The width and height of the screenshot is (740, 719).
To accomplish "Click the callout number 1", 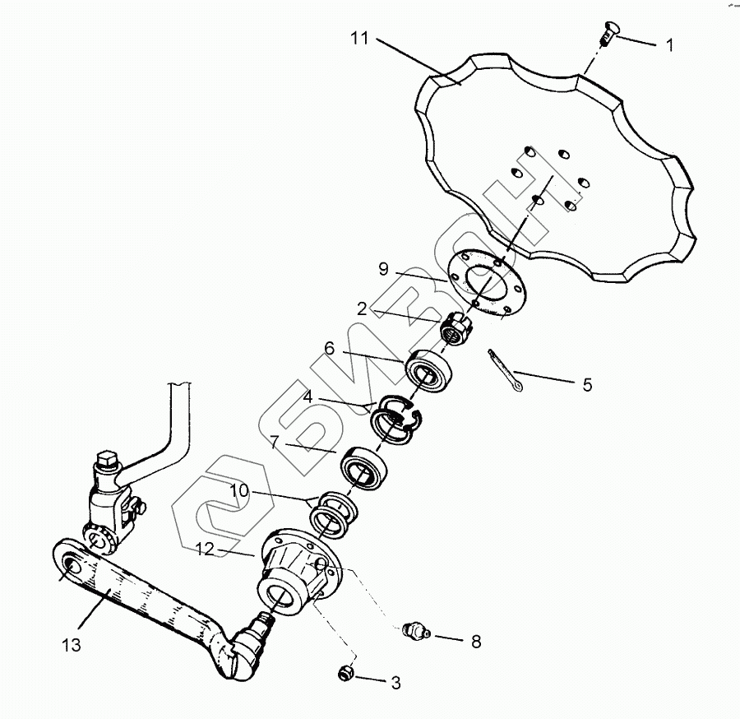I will (669, 46).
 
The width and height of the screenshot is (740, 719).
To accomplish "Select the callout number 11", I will (360, 39).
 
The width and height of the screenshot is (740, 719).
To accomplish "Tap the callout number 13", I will (72, 645).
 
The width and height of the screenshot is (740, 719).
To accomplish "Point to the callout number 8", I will (476, 642).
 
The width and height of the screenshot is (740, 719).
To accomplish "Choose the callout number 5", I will (586, 384).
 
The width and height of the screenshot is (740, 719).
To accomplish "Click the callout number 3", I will (395, 682).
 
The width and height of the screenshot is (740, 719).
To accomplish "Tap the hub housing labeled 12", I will (296, 573).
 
